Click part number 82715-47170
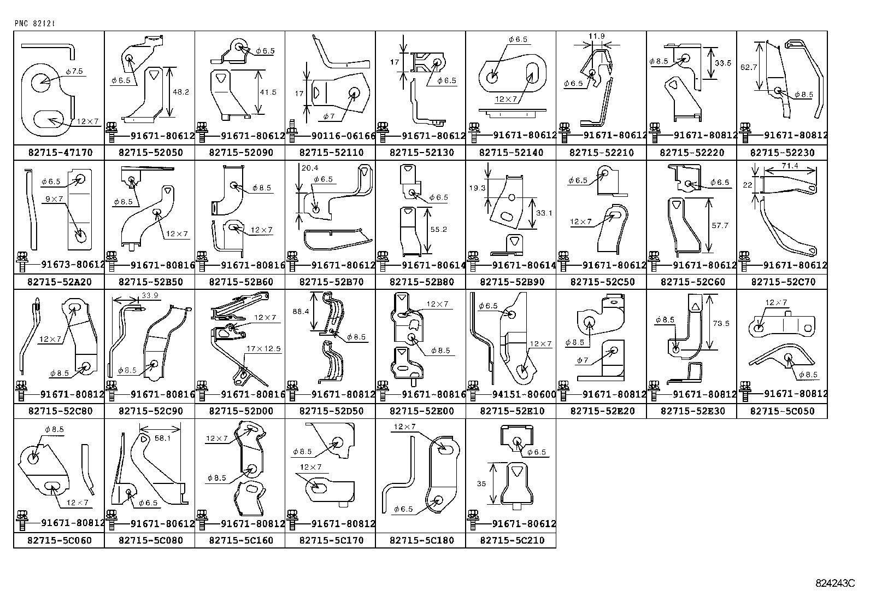[x=60, y=153]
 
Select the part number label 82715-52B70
[x=331, y=282]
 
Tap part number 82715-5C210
[x=512, y=540]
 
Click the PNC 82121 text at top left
[x=34, y=24]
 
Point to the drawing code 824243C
[x=835, y=583]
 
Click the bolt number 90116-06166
[x=343, y=136]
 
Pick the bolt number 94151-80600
[x=524, y=394]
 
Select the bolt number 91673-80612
[x=73, y=265]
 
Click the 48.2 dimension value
[x=180, y=92]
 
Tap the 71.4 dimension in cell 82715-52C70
[x=790, y=166]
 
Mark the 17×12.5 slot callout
[x=263, y=348]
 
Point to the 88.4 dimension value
[x=301, y=311]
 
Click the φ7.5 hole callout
[x=74, y=71]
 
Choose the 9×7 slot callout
[x=54, y=199]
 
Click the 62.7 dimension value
[x=749, y=67]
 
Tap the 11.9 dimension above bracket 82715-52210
[x=596, y=36]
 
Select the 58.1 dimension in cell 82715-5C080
[x=162, y=438]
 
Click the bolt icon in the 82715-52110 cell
[x=291, y=130]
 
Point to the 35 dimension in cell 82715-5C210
[x=481, y=483]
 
